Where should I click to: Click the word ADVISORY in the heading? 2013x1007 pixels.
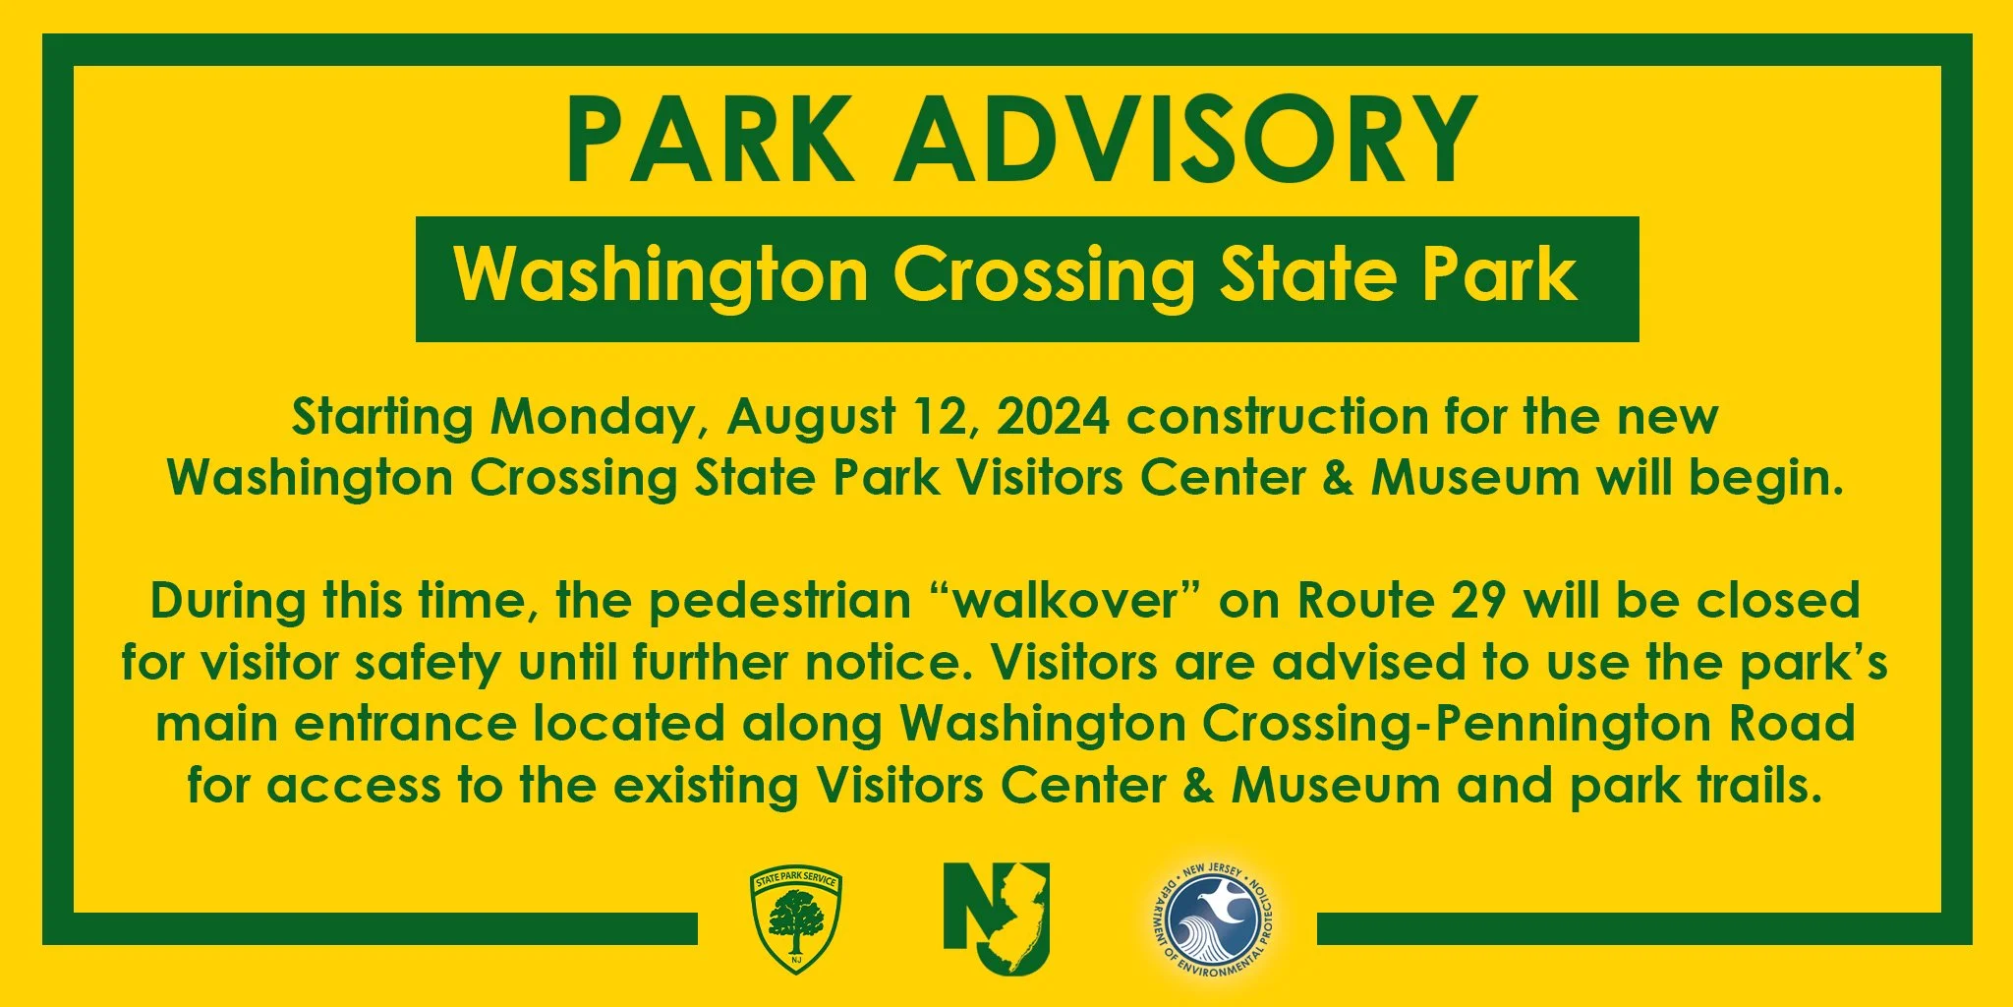(x=1184, y=140)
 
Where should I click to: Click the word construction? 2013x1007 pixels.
(x=1277, y=417)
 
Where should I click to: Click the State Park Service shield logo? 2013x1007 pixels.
(x=795, y=920)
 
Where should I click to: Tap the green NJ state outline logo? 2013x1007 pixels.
(x=997, y=918)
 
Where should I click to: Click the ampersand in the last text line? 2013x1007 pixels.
(x=1198, y=786)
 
